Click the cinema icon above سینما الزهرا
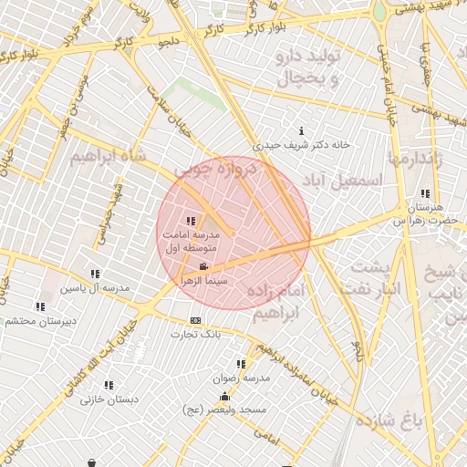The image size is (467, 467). click(202, 266)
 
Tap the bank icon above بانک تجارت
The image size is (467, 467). click(195, 320)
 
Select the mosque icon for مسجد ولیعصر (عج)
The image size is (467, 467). click(224, 396)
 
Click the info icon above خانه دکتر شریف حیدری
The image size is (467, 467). click(302, 131)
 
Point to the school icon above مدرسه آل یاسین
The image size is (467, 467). click(95, 274)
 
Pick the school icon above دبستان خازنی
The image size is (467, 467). click(109, 385)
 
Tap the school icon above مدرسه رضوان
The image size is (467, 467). click(241, 363)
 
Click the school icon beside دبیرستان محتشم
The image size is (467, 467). click(41, 307)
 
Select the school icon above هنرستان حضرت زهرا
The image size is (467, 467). click(426, 193)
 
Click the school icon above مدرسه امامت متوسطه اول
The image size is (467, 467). click(191, 221)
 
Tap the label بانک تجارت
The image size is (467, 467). click(196, 335)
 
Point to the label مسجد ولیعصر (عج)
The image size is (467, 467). click(224, 410)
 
